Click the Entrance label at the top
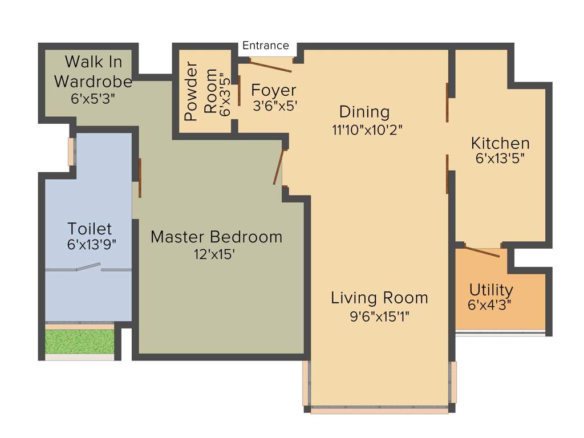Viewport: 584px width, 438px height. pyautogui.click(x=266, y=46)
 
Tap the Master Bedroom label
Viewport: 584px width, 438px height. pyautogui.click(x=216, y=236)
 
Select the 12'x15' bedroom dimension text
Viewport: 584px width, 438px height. pyautogui.click(x=214, y=254)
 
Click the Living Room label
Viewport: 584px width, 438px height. pyautogui.click(x=379, y=298)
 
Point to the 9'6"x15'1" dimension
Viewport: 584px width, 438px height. pyautogui.click(x=379, y=315)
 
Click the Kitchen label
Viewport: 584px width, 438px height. pyautogui.click(x=500, y=143)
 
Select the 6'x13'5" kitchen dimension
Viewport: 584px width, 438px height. pyautogui.click(x=500, y=159)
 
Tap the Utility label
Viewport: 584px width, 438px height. pyautogui.click(x=490, y=290)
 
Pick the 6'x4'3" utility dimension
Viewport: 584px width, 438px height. pyautogui.click(x=489, y=305)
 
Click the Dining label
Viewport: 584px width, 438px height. pyautogui.click(x=364, y=111)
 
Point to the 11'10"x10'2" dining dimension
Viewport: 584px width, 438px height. pyautogui.click(x=367, y=129)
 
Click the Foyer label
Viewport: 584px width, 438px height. pyautogui.click(x=274, y=90)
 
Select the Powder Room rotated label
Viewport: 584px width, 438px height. pyautogui.click(x=201, y=94)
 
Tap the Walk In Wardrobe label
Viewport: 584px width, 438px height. pyautogui.click(x=93, y=71)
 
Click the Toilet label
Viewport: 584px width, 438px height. pyautogui.click(x=90, y=229)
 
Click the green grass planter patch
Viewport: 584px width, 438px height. pyautogui.click(x=79, y=340)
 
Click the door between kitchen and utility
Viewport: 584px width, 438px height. pyautogui.click(x=482, y=251)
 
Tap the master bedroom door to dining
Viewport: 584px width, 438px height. pyautogui.click(x=278, y=168)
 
